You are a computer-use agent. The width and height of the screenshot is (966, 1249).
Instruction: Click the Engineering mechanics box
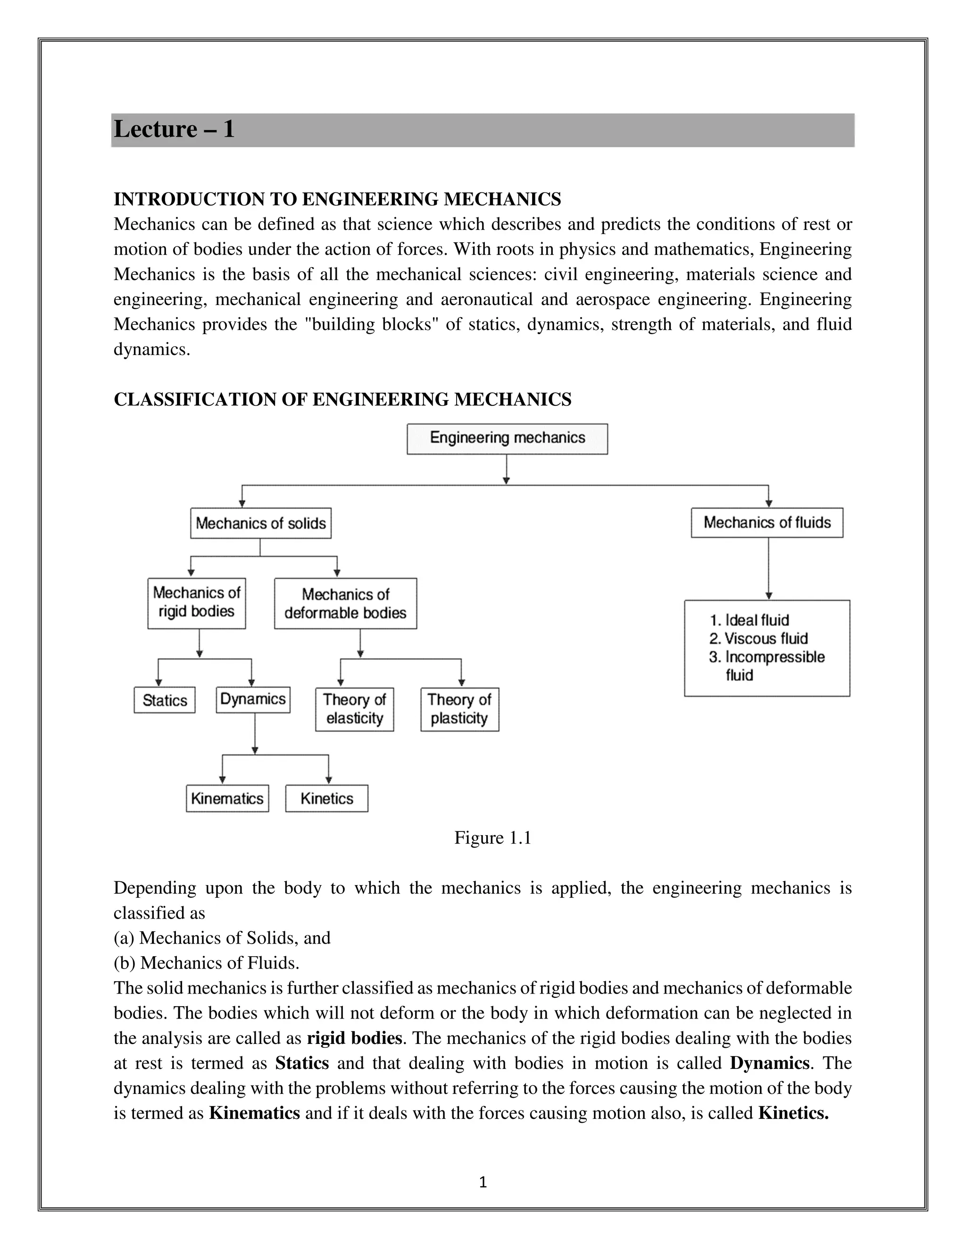click(507, 439)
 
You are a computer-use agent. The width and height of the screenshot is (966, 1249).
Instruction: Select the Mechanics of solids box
click(260, 523)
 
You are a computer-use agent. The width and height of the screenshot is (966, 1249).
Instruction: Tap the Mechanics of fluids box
click(767, 523)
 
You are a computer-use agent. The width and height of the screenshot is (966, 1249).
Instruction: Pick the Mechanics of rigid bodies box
click(196, 603)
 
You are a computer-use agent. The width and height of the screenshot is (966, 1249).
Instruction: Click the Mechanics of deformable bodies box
click(345, 603)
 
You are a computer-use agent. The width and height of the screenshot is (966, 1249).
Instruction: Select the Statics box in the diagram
click(164, 700)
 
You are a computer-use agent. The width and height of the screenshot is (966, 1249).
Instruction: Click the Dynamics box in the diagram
click(253, 699)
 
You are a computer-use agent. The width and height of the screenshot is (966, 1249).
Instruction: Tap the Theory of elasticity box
click(354, 709)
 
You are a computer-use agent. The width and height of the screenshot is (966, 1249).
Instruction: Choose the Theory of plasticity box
click(459, 709)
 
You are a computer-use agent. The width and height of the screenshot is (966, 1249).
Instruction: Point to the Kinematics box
click(227, 798)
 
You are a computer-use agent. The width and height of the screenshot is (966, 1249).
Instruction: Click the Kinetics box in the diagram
click(327, 798)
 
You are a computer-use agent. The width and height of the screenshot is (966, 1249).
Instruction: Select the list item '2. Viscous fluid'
click(758, 639)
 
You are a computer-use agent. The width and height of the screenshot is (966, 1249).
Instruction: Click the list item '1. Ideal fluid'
click(749, 621)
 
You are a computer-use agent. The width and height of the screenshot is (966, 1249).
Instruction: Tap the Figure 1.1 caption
click(493, 838)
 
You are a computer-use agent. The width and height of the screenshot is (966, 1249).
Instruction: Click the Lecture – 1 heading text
click(174, 129)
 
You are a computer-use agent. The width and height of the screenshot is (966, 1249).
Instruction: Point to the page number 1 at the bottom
click(483, 1182)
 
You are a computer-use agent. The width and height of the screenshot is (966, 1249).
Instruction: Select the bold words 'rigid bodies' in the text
click(354, 1037)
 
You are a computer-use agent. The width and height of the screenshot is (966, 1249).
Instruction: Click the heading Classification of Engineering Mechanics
click(342, 399)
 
